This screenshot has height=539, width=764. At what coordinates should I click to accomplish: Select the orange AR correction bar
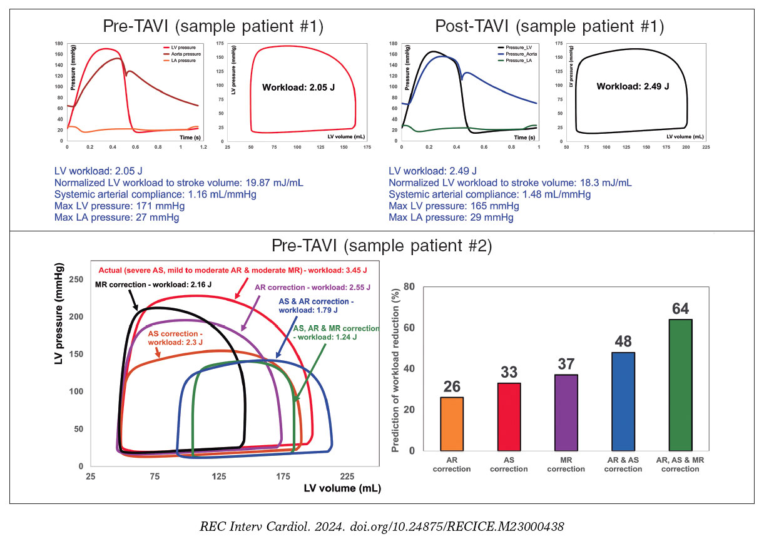click(x=451, y=424)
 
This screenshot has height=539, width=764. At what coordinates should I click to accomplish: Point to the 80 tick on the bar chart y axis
click(x=410, y=287)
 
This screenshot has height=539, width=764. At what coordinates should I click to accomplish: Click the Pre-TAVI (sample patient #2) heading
click(x=382, y=246)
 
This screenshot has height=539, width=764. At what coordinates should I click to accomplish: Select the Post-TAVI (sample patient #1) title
click(x=549, y=26)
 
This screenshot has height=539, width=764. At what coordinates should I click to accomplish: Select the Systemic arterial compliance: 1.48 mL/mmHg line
click(x=489, y=194)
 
